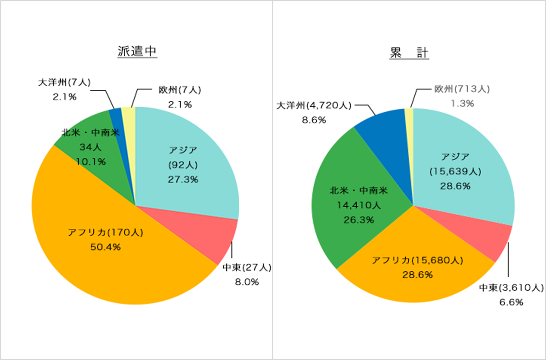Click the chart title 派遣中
[x=137, y=51]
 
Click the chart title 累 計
[x=409, y=53]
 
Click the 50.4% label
[x=106, y=247]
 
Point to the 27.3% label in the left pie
[x=183, y=179]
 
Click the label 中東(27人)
[x=247, y=267]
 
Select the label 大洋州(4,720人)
[x=314, y=105]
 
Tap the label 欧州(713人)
[x=462, y=89]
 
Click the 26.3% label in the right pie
[x=359, y=220]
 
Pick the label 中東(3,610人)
[x=511, y=288]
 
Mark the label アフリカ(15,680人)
[x=417, y=260]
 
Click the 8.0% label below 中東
[x=247, y=282]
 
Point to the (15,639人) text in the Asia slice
[x=455, y=171]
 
